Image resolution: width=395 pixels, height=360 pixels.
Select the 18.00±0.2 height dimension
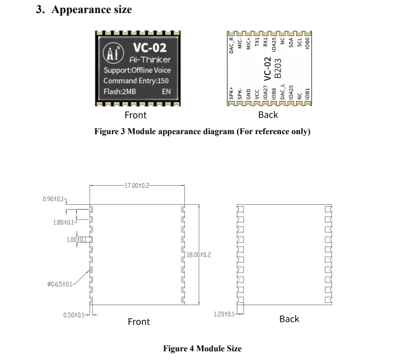(x=198, y=255)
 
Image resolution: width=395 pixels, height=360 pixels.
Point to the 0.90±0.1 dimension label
(x=53, y=199)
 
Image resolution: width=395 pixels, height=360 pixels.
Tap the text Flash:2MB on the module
(x=120, y=91)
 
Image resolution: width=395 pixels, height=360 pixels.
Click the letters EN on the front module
(x=166, y=91)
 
